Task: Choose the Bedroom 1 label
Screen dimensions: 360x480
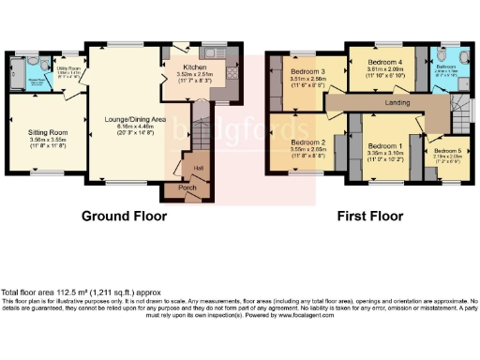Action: [384, 146]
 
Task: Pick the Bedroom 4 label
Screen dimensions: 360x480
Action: [384, 62]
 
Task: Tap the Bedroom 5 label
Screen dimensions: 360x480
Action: [445, 151]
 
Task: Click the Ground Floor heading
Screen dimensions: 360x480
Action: [124, 216]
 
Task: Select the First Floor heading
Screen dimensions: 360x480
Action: [370, 216]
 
